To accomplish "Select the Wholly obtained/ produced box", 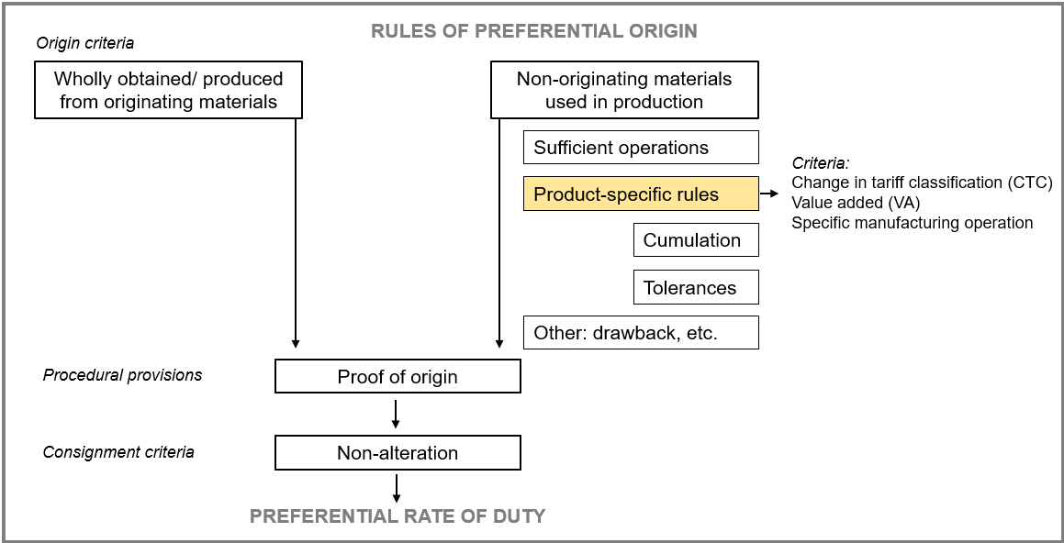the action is pyautogui.click(x=168, y=90).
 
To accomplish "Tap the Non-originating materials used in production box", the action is pyautogui.click(x=624, y=90).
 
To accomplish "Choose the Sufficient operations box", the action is pyautogui.click(x=641, y=147).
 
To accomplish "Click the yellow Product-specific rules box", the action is pyautogui.click(x=641, y=194).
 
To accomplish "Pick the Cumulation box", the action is pyautogui.click(x=696, y=240).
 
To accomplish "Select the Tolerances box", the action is pyautogui.click(x=696, y=287).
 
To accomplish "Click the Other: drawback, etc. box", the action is pyautogui.click(x=641, y=332).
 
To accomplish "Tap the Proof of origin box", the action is pyautogui.click(x=398, y=376).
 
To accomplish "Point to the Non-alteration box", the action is pyautogui.click(x=398, y=452).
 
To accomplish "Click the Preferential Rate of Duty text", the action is pyautogui.click(x=398, y=515).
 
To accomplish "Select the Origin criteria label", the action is pyautogui.click(x=84, y=43).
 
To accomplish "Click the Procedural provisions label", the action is pyautogui.click(x=122, y=375).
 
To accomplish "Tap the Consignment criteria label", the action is pyautogui.click(x=118, y=451).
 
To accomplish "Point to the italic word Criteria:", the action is pyautogui.click(x=821, y=163).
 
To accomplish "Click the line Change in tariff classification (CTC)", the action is pyautogui.click(x=923, y=183).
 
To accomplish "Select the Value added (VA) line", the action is pyautogui.click(x=849, y=203).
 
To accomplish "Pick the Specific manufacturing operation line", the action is pyautogui.click(x=912, y=222).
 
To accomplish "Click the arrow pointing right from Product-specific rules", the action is pyautogui.click(x=768, y=194).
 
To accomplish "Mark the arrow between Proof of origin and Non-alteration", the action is pyautogui.click(x=397, y=415).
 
